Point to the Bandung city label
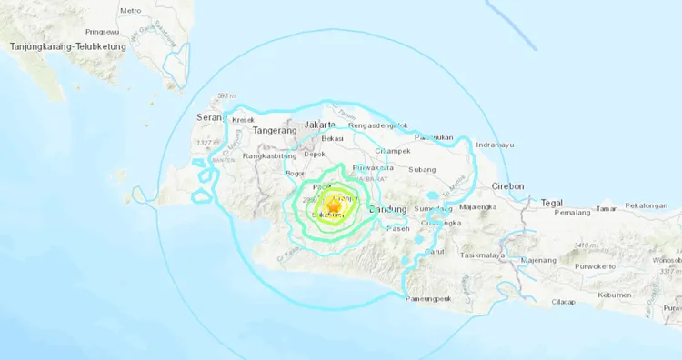coord(389,210)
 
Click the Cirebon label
coord(507,185)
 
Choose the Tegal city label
coord(552,202)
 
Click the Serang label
coord(210,117)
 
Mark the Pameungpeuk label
coord(429,298)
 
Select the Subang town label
coord(423,169)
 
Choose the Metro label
coord(131,10)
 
